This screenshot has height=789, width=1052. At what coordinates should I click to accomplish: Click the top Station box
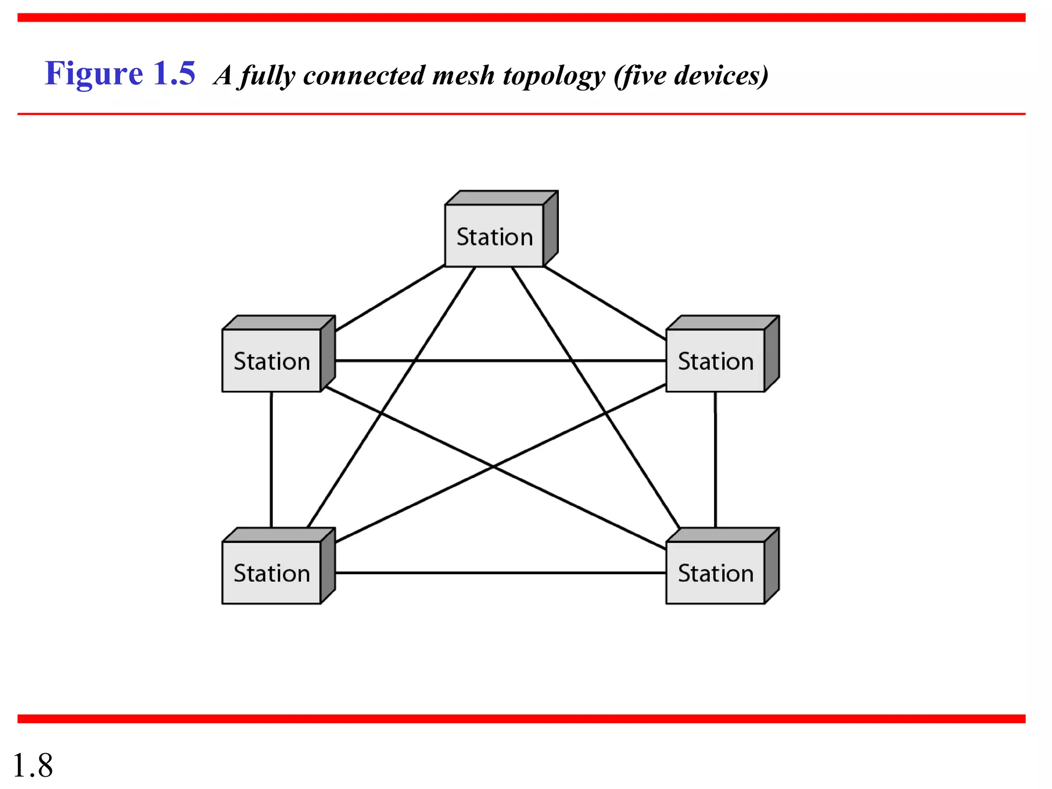click(494, 236)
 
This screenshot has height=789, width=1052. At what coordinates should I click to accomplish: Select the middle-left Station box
click(272, 361)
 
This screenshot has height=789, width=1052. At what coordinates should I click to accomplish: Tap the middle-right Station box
click(716, 361)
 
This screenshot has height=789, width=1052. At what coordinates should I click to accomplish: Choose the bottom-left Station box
click(272, 573)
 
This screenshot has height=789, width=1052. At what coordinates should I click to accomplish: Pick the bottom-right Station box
click(716, 573)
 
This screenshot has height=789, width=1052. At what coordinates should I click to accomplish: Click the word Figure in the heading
click(94, 73)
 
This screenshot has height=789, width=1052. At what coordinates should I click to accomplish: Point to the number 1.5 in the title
click(175, 73)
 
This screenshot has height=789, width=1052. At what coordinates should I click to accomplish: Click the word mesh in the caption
click(463, 76)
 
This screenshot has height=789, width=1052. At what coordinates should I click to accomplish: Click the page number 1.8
click(32, 765)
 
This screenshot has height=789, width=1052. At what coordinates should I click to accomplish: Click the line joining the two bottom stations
click(501, 573)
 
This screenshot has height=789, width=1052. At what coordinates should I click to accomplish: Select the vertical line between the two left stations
click(271, 460)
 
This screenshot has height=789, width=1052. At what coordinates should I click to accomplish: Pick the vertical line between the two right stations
click(716, 460)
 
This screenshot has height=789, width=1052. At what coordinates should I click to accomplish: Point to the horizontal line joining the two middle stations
click(501, 361)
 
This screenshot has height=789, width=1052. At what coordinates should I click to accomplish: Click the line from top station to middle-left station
click(390, 298)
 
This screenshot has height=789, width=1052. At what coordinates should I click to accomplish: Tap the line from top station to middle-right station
click(605, 303)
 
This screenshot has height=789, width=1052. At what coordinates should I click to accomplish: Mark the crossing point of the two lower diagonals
click(493, 466)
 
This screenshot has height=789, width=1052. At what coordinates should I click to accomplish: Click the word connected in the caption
click(364, 76)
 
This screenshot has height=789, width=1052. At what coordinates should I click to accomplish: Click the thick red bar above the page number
click(521, 719)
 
